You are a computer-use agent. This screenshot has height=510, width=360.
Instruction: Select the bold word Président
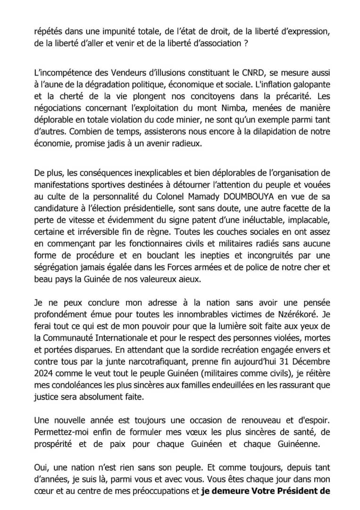pos(297,490)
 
